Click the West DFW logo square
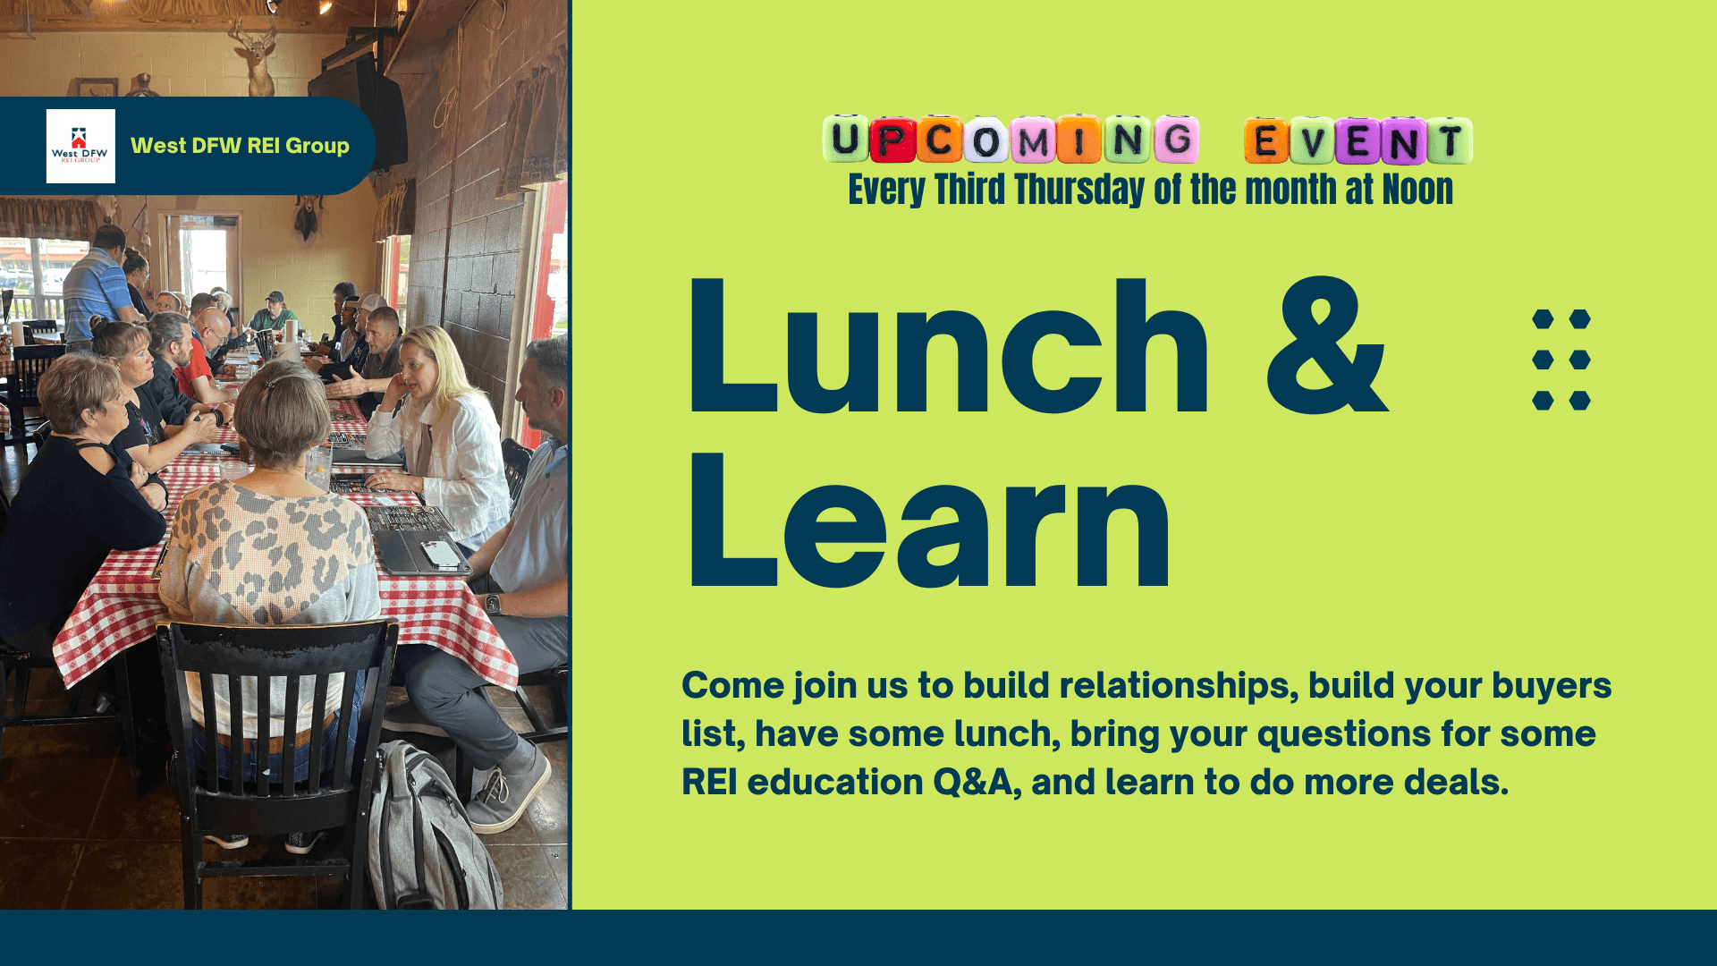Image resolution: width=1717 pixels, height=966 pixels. click(80, 146)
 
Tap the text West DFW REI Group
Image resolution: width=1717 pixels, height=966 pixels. click(240, 146)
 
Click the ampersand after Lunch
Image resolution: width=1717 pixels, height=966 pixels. click(1327, 347)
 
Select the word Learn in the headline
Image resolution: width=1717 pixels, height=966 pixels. click(928, 521)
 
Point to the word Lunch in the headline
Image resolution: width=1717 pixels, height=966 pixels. click(948, 347)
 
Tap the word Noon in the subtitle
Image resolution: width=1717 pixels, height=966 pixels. click(1417, 190)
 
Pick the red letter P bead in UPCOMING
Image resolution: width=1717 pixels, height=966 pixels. click(891, 140)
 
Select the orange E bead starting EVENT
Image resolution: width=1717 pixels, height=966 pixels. click(1266, 140)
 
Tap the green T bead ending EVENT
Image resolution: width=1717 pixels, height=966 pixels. click(1450, 140)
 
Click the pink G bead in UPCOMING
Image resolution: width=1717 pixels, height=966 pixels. click(1176, 140)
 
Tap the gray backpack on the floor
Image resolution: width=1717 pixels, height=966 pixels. click(430, 827)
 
